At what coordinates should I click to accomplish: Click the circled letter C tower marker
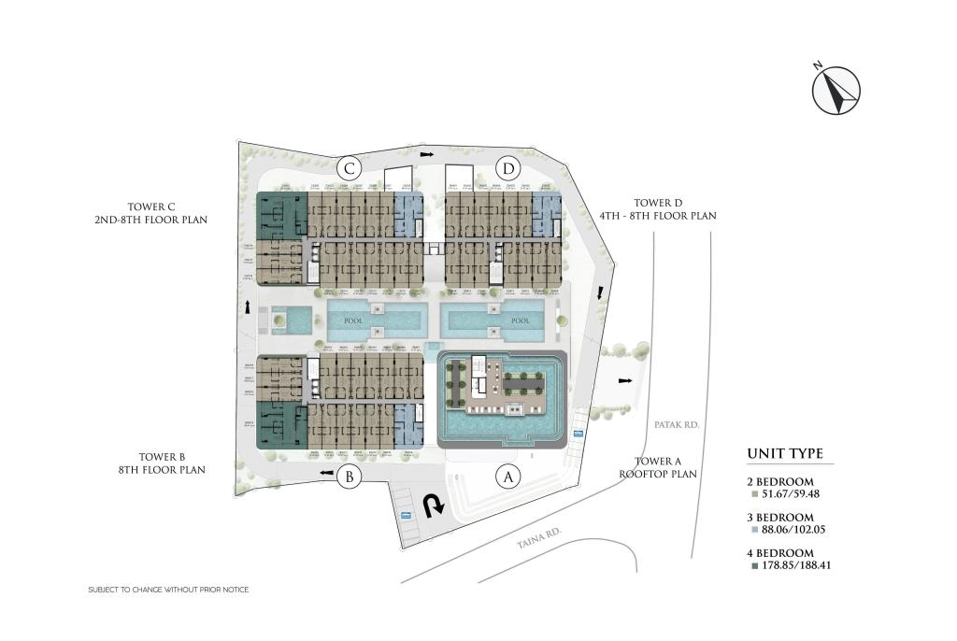[350, 169]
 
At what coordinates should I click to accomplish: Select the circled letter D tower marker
[508, 169]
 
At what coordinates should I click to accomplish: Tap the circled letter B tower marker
[349, 477]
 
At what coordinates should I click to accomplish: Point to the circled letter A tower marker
[507, 477]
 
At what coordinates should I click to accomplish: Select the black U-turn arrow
[433, 506]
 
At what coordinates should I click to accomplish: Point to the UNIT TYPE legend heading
[785, 455]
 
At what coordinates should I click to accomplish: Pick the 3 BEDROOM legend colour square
[753, 530]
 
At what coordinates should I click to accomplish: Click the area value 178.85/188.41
[790, 565]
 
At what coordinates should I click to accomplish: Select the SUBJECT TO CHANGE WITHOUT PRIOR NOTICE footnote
[168, 590]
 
